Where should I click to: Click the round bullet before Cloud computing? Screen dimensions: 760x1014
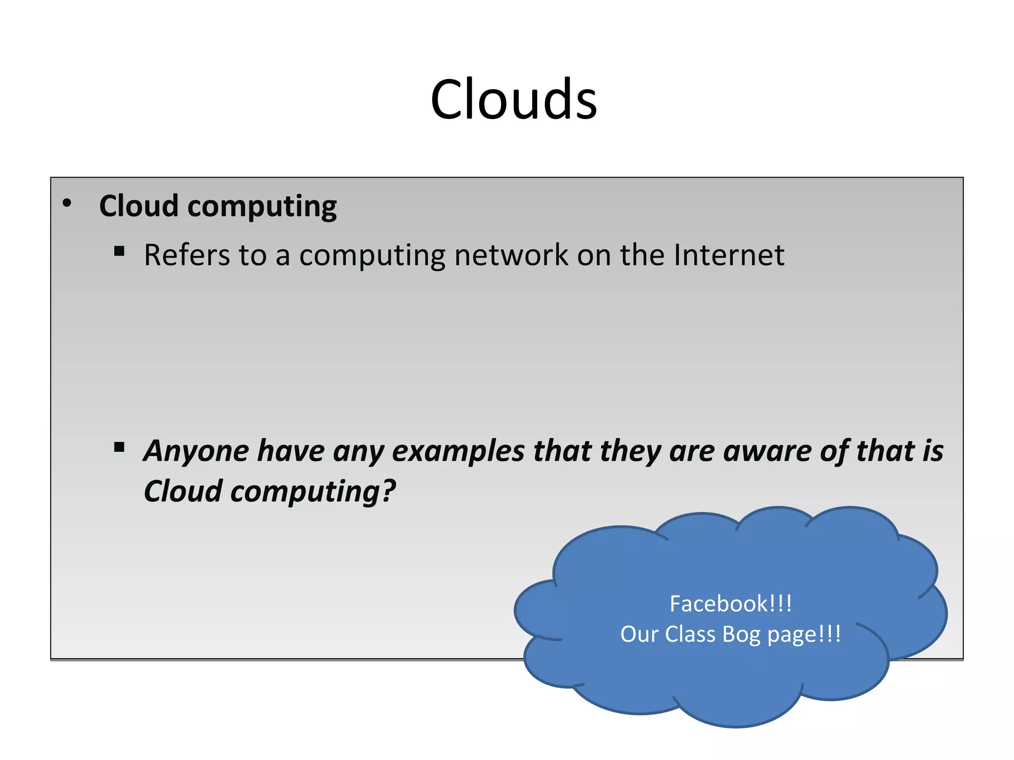pyautogui.click(x=67, y=203)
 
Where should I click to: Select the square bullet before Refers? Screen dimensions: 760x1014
pyautogui.click(x=119, y=251)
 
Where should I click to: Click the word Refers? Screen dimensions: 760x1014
pyautogui.click(x=187, y=255)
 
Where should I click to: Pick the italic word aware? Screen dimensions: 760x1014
pyautogui.click(x=765, y=451)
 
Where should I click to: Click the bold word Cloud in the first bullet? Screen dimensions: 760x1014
pyautogui.click(x=139, y=206)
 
